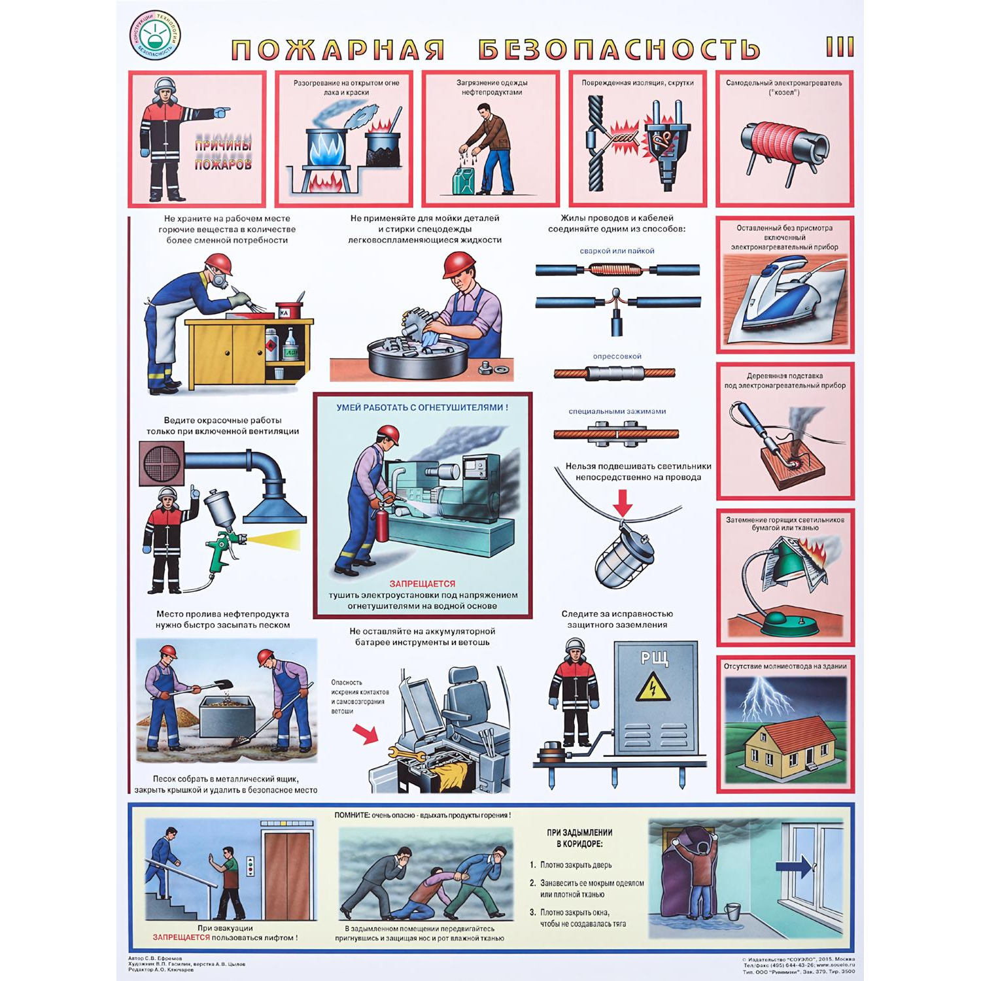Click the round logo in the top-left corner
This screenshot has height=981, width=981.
coord(155,36)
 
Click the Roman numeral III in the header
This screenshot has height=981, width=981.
coord(840,47)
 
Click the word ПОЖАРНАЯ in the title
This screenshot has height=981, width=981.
coord(338,50)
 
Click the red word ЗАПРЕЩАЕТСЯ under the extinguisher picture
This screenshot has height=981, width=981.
coord(422,583)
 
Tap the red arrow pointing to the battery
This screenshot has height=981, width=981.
coord(365,734)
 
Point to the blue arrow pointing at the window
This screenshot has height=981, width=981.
coord(793,867)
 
